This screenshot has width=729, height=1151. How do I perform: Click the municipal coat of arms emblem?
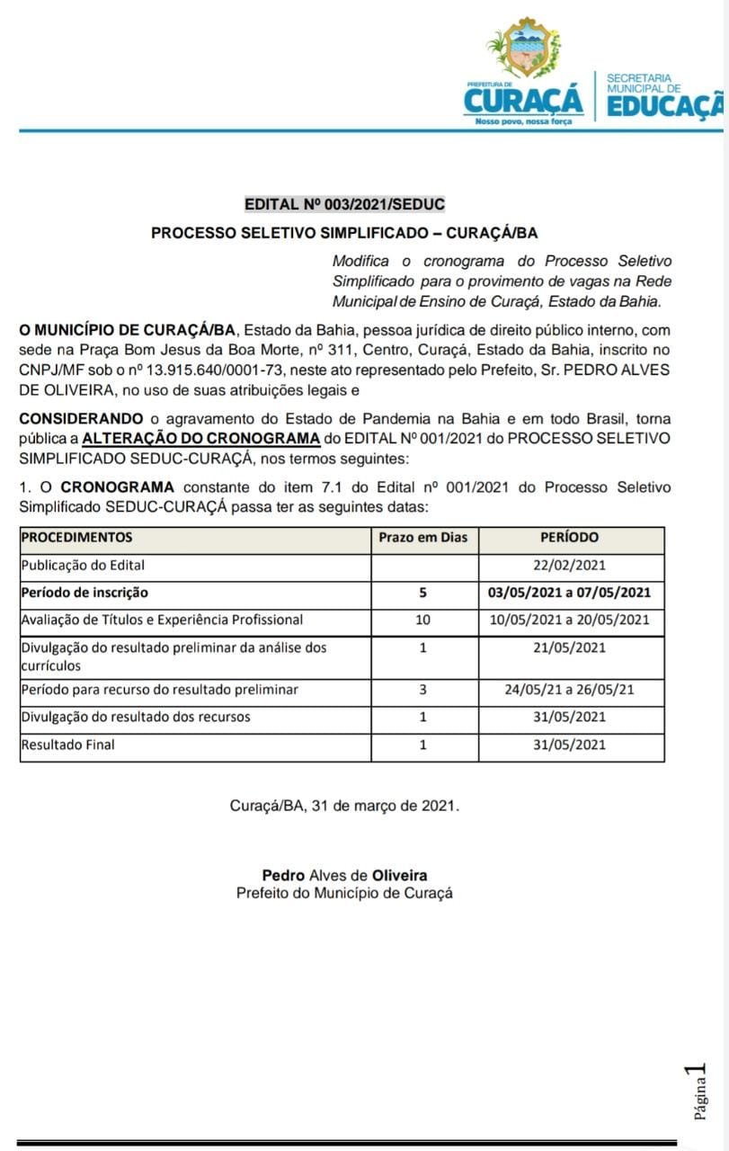click(523, 50)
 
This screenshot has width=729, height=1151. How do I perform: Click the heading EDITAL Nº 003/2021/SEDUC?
click(344, 205)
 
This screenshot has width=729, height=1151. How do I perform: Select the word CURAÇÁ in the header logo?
click(523, 99)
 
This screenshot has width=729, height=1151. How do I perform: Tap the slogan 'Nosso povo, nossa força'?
click(523, 120)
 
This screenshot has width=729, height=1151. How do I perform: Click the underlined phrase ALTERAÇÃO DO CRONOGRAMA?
click(201, 439)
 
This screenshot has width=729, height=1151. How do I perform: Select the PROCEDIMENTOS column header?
click(77, 538)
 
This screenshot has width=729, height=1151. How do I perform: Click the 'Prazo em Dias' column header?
click(423, 538)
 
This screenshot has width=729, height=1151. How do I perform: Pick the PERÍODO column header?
click(569, 538)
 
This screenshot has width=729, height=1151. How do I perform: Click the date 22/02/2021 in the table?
click(570, 566)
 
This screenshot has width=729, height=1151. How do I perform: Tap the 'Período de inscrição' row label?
click(84, 593)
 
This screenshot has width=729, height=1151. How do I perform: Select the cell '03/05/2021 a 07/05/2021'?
click(570, 593)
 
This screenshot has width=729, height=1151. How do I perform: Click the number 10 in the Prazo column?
click(423, 620)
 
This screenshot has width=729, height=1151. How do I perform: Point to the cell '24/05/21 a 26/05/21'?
click(570, 690)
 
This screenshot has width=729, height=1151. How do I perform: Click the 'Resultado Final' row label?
click(68, 745)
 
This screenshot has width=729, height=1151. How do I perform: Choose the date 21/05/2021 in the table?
click(570, 647)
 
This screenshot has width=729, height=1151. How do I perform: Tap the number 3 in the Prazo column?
click(423, 690)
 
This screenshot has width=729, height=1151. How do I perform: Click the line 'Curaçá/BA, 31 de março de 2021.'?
click(344, 806)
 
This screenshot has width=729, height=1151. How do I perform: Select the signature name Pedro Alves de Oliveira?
click(344, 875)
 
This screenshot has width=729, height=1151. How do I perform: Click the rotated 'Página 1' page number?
click(698, 1092)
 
